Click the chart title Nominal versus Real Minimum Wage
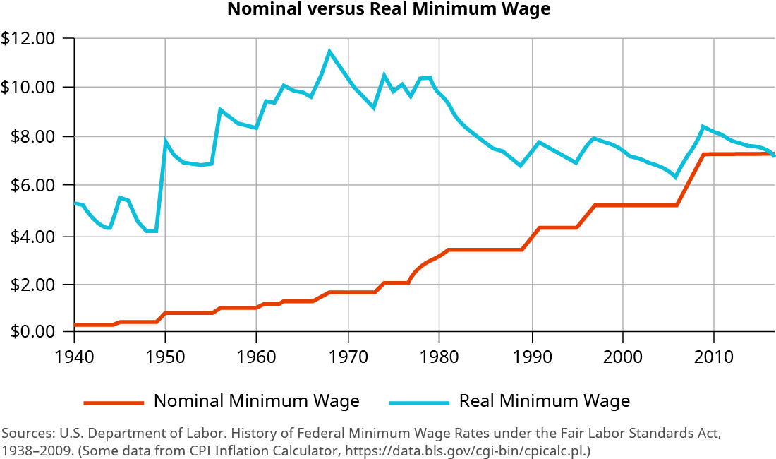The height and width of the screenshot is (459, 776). coord(388,10)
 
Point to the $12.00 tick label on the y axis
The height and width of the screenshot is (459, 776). coord(29,38)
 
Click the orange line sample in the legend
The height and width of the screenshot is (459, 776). coord(114,403)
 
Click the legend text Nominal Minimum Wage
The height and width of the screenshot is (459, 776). coord(257,401)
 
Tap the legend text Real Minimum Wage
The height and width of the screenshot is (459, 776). coord(544,401)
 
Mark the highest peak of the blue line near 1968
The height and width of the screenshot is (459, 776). coord(329,51)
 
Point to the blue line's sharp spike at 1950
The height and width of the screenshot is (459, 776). coord(166,141)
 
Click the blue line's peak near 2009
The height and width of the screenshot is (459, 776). coord(703,126)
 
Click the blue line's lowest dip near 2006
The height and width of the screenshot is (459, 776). coord(675,177)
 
